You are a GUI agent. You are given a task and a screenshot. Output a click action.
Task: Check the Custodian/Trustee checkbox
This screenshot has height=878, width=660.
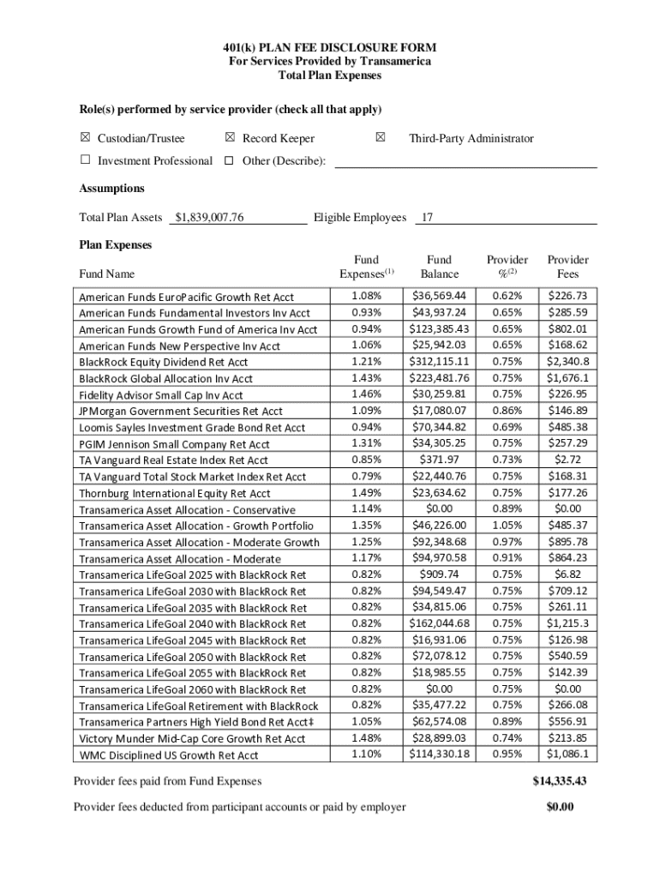[85, 138]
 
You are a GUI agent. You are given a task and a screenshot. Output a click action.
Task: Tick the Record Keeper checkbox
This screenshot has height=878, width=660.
[230, 138]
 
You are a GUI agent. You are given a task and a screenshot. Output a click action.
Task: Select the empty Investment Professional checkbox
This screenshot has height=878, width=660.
[85, 160]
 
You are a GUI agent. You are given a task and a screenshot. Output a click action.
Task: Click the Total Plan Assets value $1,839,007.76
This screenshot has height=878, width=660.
[209, 218]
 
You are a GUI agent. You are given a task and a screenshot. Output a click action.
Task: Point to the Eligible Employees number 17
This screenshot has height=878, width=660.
[427, 218]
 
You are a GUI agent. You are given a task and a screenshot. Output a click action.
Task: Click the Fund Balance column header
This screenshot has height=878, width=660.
[439, 267]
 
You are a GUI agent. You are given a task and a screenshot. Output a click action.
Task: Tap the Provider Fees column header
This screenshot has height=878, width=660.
[567, 267]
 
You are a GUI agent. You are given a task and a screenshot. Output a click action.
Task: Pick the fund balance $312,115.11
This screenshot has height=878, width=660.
[439, 361]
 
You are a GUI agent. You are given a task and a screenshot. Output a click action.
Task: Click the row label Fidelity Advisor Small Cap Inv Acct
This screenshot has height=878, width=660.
[161, 395]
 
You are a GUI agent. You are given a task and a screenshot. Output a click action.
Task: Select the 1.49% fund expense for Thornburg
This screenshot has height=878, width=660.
[366, 492]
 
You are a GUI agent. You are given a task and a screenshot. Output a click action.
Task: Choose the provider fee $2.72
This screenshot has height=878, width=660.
[567, 460]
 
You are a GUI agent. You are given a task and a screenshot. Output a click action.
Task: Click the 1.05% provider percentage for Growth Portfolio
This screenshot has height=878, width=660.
[507, 525]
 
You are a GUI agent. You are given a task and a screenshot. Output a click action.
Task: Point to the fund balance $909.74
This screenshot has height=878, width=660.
[439, 574]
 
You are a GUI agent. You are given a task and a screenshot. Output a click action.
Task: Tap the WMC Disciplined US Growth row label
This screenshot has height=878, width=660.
[168, 755]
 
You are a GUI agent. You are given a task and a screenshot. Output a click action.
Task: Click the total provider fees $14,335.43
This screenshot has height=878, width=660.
[559, 781]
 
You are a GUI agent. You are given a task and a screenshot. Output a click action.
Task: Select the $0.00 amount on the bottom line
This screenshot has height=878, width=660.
[559, 807]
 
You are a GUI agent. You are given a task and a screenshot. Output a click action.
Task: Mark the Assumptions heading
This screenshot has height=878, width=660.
[111, 189]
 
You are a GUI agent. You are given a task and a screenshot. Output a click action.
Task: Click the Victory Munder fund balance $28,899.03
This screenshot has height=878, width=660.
[439, 737]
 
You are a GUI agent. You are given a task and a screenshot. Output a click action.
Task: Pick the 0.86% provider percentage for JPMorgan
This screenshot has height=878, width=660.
[507, 411]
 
